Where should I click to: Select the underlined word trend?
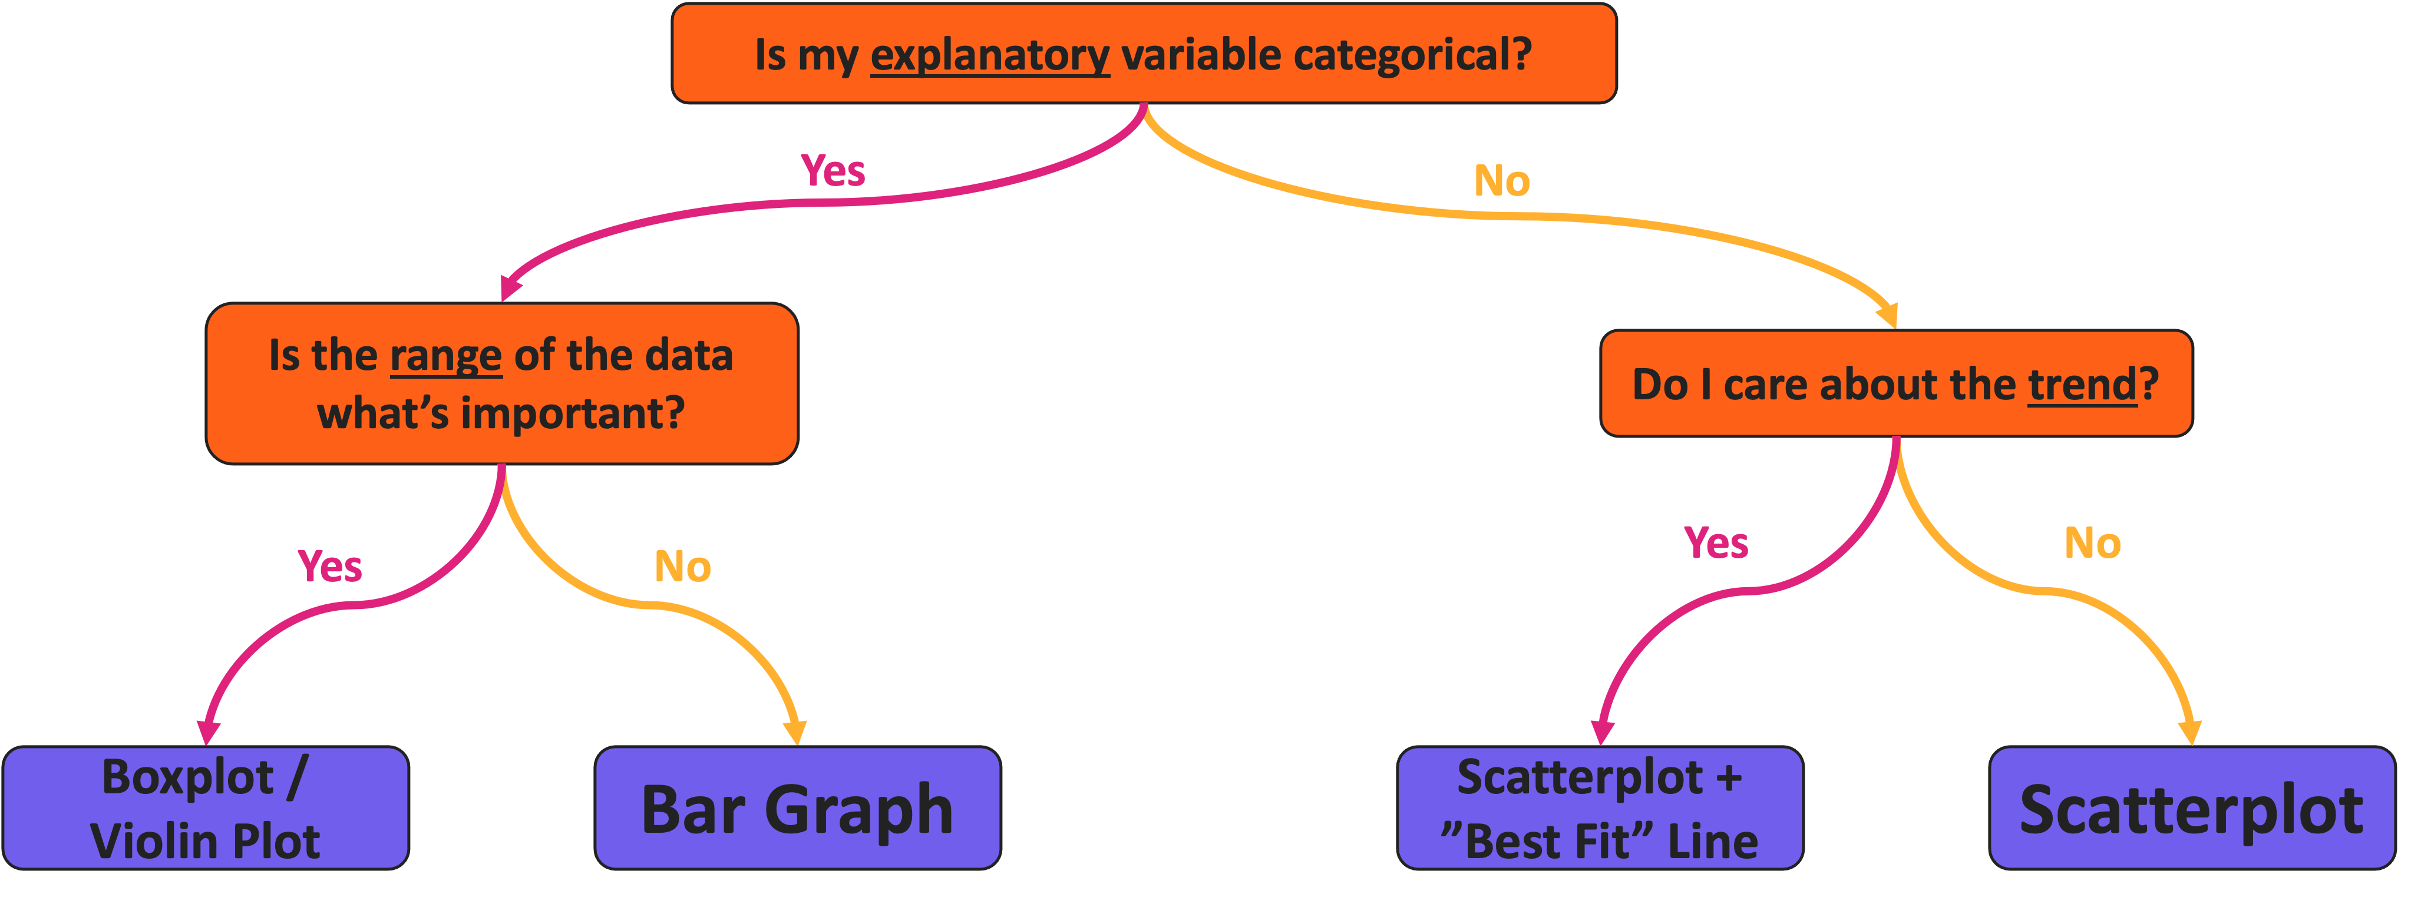2082,385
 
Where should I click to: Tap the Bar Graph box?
797,808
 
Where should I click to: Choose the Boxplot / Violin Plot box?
206,808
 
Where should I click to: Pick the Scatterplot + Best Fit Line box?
1600,808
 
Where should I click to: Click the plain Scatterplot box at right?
2191,808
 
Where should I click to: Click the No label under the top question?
1501,181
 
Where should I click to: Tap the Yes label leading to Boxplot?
329,567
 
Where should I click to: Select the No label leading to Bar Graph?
682,567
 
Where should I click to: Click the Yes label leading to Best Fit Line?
1716,543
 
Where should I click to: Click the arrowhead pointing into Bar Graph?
795,732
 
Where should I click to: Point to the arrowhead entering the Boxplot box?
208,732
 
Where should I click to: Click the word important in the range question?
572,413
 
